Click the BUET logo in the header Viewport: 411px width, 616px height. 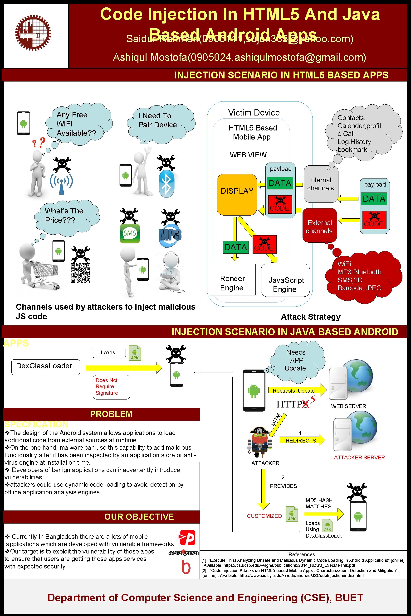coord(33,33)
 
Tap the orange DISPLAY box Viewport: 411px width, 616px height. coord(237,194)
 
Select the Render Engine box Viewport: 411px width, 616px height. coord(233,280)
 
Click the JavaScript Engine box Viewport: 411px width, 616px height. coord(285,280)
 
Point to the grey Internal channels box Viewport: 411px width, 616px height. coord(321,184)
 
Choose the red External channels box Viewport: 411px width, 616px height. coord(319,226)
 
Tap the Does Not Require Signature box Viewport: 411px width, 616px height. coord(111,387)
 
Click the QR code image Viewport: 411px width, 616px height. coord(80,273)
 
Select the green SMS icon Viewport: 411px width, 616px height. coord(130,233)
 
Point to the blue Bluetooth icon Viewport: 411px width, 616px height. coord(166,184)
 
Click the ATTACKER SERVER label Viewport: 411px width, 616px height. coord(359,457)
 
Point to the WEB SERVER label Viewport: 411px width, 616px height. coord(348,406)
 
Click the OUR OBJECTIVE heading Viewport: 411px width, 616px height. coord(139,517)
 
